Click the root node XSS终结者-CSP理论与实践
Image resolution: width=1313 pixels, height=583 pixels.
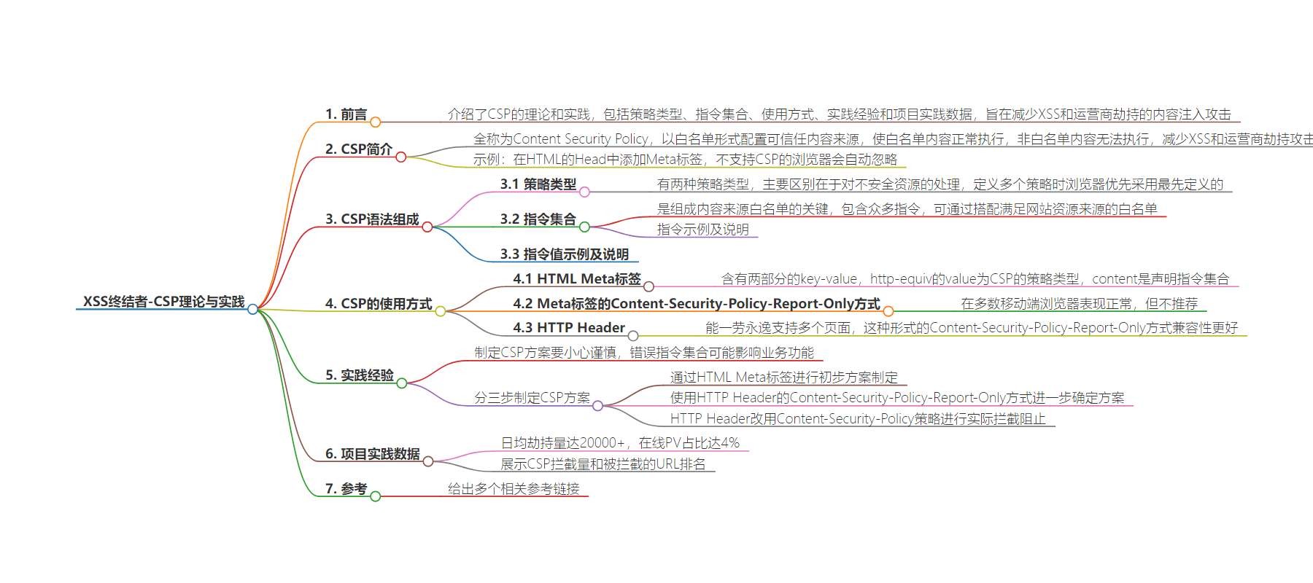tap(164, 302)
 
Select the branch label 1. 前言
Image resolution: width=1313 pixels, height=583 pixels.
tap(346, 114)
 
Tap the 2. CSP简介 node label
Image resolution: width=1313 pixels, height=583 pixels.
tap(359, 149)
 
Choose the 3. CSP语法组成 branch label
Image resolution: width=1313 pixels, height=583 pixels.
tap(372, 219)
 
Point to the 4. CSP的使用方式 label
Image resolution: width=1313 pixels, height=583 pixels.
tap(379, 304)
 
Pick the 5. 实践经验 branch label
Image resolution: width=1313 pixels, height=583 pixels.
tap(360, 375)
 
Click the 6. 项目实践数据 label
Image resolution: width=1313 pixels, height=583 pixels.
tap(373, 454)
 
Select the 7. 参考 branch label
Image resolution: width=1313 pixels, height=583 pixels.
tap(346, 489)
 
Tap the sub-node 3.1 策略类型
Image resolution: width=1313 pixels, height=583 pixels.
tap(538, 184)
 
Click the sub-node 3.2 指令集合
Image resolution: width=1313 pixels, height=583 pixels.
tap(538, 219)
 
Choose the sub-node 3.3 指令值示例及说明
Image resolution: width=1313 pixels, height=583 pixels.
tap(565, 254)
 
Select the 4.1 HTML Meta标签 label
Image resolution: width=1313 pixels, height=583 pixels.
tap(577, 279)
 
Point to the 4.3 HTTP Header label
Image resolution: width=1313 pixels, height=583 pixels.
tap(569, 328)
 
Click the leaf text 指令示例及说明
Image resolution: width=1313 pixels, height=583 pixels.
tap(703, 230)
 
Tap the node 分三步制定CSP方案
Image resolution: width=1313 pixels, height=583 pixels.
tap(532, 398)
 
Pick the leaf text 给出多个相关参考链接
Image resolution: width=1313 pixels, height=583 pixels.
tap(514, 489)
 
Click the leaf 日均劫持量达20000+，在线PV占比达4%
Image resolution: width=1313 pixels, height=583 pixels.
tap(620, 443)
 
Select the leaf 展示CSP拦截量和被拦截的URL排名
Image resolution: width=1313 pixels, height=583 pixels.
tap(603, 464)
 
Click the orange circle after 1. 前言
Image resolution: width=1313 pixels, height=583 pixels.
tap(375, 122)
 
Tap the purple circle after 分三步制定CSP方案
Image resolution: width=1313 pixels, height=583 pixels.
tap(597, 406)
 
